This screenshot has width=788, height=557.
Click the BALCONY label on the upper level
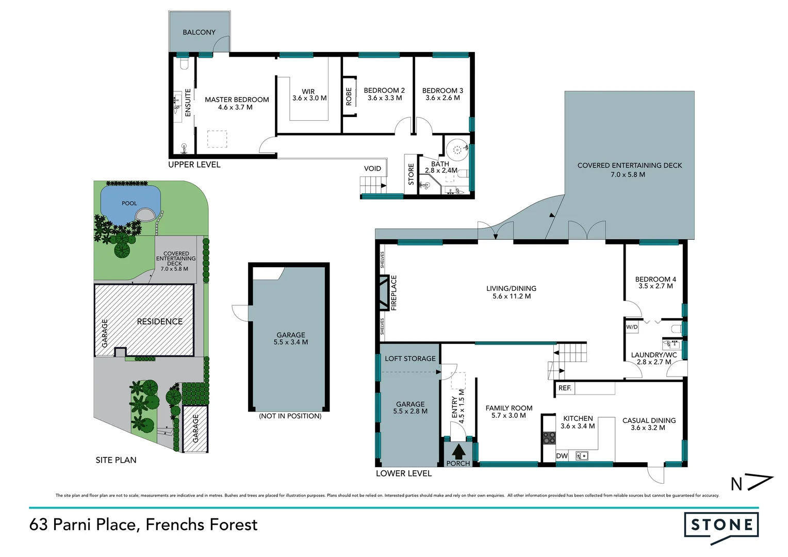coord(199,32)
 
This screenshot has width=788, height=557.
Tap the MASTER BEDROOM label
coord(237,100)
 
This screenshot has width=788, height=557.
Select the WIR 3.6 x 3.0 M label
coord(309,95)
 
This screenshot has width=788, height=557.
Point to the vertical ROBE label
coord(349,96)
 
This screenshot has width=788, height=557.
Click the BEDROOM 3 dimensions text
coord(442,98)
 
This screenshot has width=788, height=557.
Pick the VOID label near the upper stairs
coord(372,169)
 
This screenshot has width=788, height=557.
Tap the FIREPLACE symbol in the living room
coord(383,292)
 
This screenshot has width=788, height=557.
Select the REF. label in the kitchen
coord(565,388)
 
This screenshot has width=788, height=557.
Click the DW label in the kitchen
coord(562,456)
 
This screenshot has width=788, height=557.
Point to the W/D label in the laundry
coord(632,327)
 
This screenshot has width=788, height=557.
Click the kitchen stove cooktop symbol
coord(549,438)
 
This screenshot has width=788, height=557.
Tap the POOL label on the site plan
coord(129,203)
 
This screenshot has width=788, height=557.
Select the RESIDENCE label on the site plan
coord(159,322)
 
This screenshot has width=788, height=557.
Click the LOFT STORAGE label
coord(410,359)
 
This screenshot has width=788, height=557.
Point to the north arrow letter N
coord(736,484)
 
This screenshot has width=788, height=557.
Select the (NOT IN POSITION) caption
coord(290,416)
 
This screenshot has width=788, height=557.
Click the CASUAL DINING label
coord(649,421)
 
